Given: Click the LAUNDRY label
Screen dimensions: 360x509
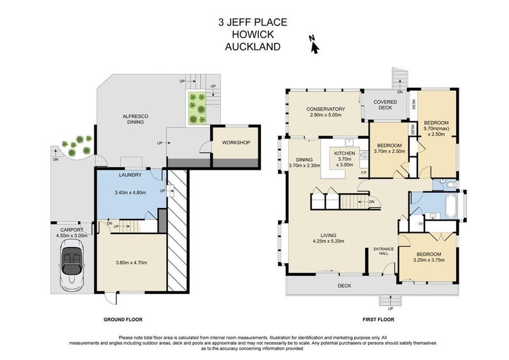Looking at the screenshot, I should pos(130,175).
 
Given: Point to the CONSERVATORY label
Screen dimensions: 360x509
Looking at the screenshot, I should pos(325,109).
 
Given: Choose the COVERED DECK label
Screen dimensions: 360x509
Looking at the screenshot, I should pos(385,106).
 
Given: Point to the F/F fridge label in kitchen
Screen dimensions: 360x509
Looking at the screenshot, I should pos(364,173).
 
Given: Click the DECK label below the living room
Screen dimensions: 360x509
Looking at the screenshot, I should pos(345,286).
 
